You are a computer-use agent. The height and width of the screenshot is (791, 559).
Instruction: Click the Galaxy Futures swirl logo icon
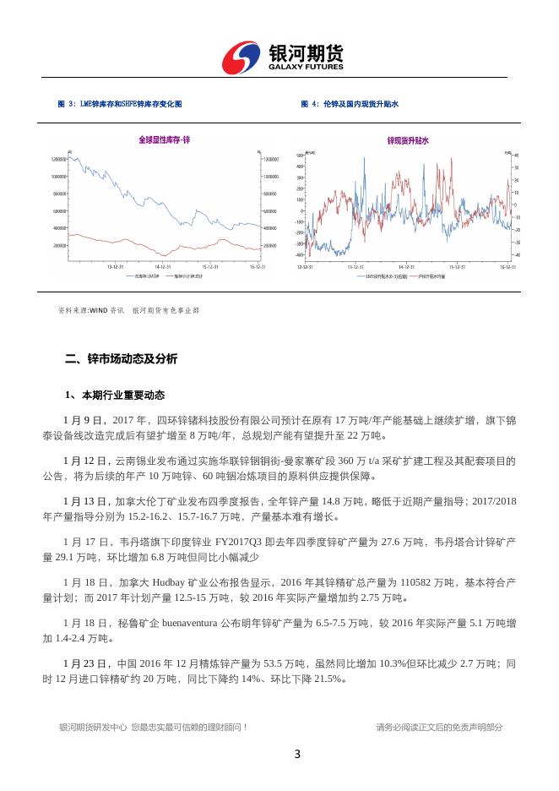coord(242,58)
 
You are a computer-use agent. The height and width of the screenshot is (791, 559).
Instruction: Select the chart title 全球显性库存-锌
coord(164,139)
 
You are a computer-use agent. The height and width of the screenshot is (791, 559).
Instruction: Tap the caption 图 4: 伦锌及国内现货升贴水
coord(349,103)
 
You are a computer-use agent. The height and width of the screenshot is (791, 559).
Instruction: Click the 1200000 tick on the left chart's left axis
coord(59,159)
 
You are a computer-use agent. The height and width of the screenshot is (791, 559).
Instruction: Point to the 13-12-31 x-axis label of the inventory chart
coord(117,267)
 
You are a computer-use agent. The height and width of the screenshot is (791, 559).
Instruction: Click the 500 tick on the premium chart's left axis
coord(299,155)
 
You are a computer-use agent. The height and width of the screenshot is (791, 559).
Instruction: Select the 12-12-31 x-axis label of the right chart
coord(305,267)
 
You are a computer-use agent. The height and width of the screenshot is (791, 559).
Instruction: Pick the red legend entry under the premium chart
coord(431,275)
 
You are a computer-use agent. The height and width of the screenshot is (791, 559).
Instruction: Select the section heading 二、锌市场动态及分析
coord(122,358)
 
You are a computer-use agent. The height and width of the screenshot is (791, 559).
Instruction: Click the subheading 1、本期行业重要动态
coord(115,395)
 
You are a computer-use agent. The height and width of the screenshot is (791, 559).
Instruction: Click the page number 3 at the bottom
coord(297,755)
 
